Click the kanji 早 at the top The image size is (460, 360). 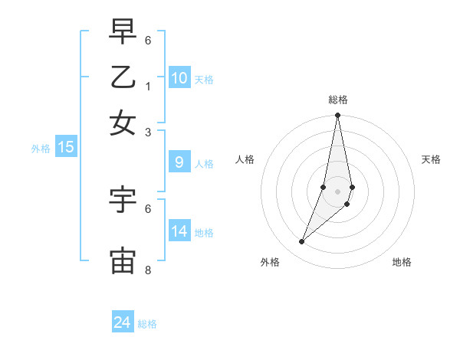123,31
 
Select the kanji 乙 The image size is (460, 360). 123,77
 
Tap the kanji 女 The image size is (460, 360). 123,122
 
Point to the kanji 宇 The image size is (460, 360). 123,200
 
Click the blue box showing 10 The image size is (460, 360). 179,78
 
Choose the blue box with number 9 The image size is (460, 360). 179,162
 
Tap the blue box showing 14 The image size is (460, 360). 179,231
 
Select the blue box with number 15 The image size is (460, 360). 66,147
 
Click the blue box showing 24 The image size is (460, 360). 123,322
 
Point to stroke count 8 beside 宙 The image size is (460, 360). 148,270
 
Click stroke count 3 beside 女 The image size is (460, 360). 148,132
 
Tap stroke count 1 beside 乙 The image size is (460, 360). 148,86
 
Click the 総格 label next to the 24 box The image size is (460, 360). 148,324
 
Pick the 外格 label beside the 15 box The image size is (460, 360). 40,149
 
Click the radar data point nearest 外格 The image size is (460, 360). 301,242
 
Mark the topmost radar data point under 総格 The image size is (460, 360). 337,116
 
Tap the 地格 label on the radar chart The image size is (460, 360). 402,262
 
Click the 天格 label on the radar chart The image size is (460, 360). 431,159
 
